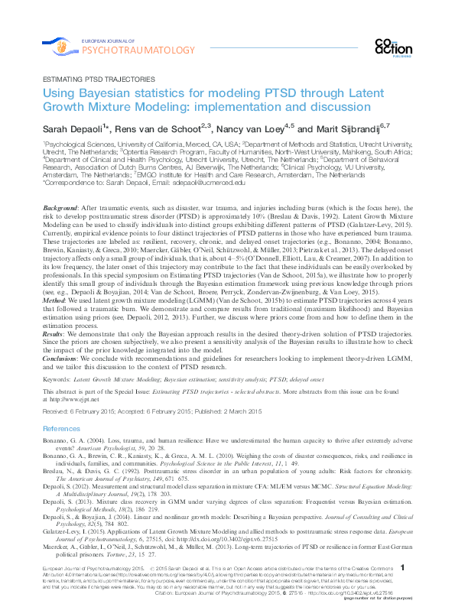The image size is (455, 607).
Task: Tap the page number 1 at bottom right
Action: tap(403, 568)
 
